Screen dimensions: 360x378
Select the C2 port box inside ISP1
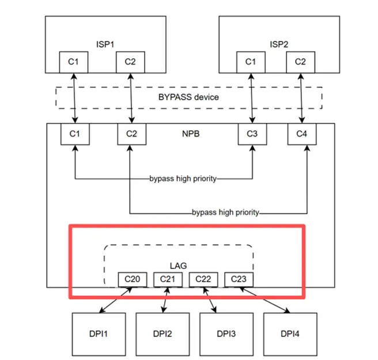point(130,62)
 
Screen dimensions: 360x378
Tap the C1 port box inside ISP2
point(250,62)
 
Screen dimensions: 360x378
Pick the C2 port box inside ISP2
point(300,62)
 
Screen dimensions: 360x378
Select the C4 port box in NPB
point(303,134)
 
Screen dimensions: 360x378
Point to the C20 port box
point(133,279)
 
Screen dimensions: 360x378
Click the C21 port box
point(168,279)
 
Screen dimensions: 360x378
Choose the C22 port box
point(203,279)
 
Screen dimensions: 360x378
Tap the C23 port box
point(239,279)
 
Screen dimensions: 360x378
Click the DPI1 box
point(99,333)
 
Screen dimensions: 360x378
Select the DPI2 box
point(162,333)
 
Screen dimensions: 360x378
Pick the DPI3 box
point(226,333)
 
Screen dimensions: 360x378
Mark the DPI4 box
point(290,333)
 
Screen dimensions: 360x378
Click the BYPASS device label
point(188,97)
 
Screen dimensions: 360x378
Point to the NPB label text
point(188,134)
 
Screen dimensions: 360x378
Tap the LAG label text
point(178,266)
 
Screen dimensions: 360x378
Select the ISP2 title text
point(278,43)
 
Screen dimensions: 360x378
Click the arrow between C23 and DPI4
point(265,300)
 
